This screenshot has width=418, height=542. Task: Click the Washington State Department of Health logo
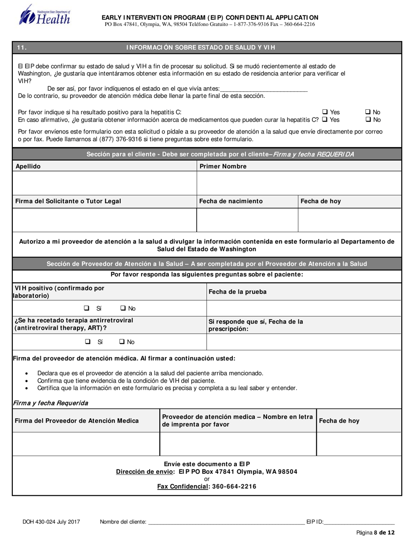point(44,15)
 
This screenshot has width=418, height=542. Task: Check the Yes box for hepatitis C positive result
point(325,112)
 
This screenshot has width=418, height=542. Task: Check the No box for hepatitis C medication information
point(368,120)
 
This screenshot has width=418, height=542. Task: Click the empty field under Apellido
point(104,183)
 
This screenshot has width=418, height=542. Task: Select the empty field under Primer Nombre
point(299,183)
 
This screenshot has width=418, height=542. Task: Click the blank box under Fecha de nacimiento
point(247,219)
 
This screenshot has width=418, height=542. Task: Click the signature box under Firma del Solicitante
point(104,219)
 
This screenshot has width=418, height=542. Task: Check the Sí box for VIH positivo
point(87,308)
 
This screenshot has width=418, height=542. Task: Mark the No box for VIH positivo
point(123,308)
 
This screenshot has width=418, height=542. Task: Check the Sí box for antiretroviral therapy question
point(88,342)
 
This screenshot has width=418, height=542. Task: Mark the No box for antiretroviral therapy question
point(122,342)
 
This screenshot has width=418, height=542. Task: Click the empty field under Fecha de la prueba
point(304,308)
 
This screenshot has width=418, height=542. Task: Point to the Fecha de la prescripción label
point(256,325)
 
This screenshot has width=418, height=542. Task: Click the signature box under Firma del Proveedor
point(86,444)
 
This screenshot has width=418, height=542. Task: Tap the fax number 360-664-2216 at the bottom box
point(234,487)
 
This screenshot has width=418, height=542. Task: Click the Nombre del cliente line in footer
point(226,522)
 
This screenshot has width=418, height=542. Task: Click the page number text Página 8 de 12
point(375,533)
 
